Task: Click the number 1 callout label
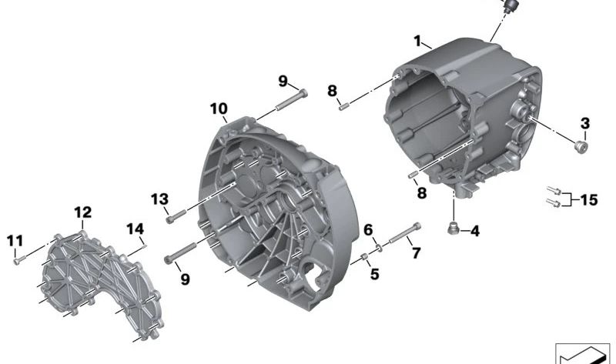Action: click(417, 40)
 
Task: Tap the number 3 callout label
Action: click(585, 123)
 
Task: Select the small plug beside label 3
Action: click(581, 145)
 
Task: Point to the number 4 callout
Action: click(474, 230)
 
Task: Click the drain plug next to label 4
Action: click(453, 228)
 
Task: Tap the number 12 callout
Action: click(82, 212)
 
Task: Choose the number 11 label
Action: click(14, 241)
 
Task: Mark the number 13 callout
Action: click(159, 199)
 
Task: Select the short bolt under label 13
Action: click(174, 217)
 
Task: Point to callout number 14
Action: click(135, 229)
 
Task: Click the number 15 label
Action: click(588, 200)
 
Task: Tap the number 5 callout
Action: click(374, 273)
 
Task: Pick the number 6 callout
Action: click(368, 229)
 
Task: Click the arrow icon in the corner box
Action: click(582, 355)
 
